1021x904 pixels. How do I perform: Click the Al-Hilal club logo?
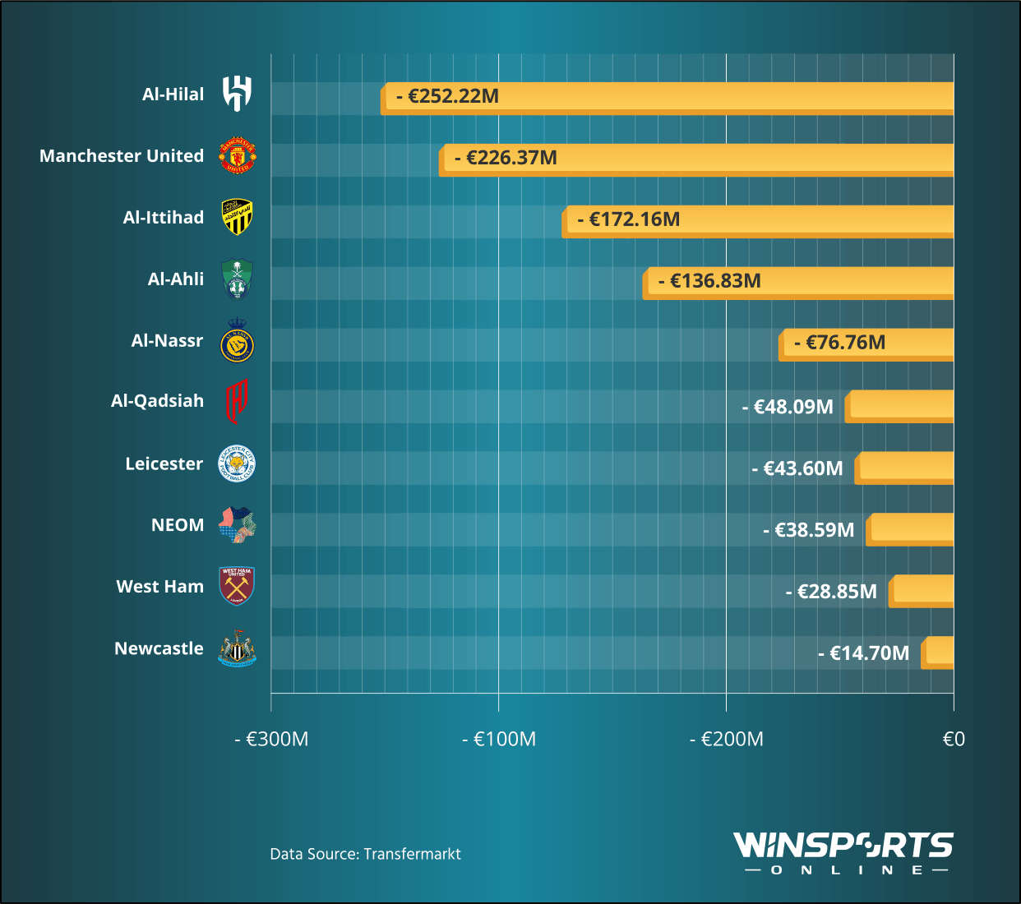point(237,94)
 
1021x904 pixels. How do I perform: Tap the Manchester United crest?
point(237,155)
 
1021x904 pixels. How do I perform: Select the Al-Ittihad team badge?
point(237,217)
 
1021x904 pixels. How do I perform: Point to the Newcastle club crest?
point(237,648)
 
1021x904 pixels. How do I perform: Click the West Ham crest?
point(237,586)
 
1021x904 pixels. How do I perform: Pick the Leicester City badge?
point(237,464)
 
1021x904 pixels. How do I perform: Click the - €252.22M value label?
point(447,96)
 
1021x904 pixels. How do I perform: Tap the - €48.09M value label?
point(787,407)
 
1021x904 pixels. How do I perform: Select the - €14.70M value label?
point(863,653)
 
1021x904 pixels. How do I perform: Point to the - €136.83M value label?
point(709,281)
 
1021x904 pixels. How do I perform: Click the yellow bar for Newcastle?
point(938,653)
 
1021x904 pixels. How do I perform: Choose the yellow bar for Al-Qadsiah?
point(900,406)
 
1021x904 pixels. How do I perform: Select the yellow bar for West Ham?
point(922,591)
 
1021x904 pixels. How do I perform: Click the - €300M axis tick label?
point(271,739)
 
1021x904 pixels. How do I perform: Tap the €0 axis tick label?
point(953,739)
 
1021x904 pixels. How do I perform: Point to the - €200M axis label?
point(726,739)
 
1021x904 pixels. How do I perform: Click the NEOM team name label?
point(178,525)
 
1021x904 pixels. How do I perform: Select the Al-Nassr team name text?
point(167,340)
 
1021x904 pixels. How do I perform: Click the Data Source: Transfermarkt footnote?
point(365,854)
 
